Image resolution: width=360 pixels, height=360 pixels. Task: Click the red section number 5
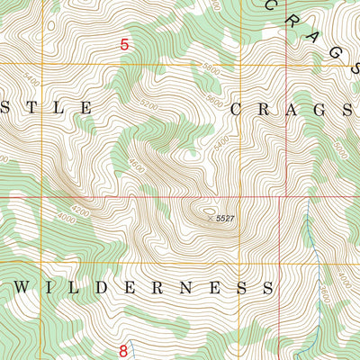(x=124, y=43)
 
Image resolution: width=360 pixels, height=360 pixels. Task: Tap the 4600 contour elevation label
(x=137, y=166)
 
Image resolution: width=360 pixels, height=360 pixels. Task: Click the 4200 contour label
(x=81, y=212)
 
